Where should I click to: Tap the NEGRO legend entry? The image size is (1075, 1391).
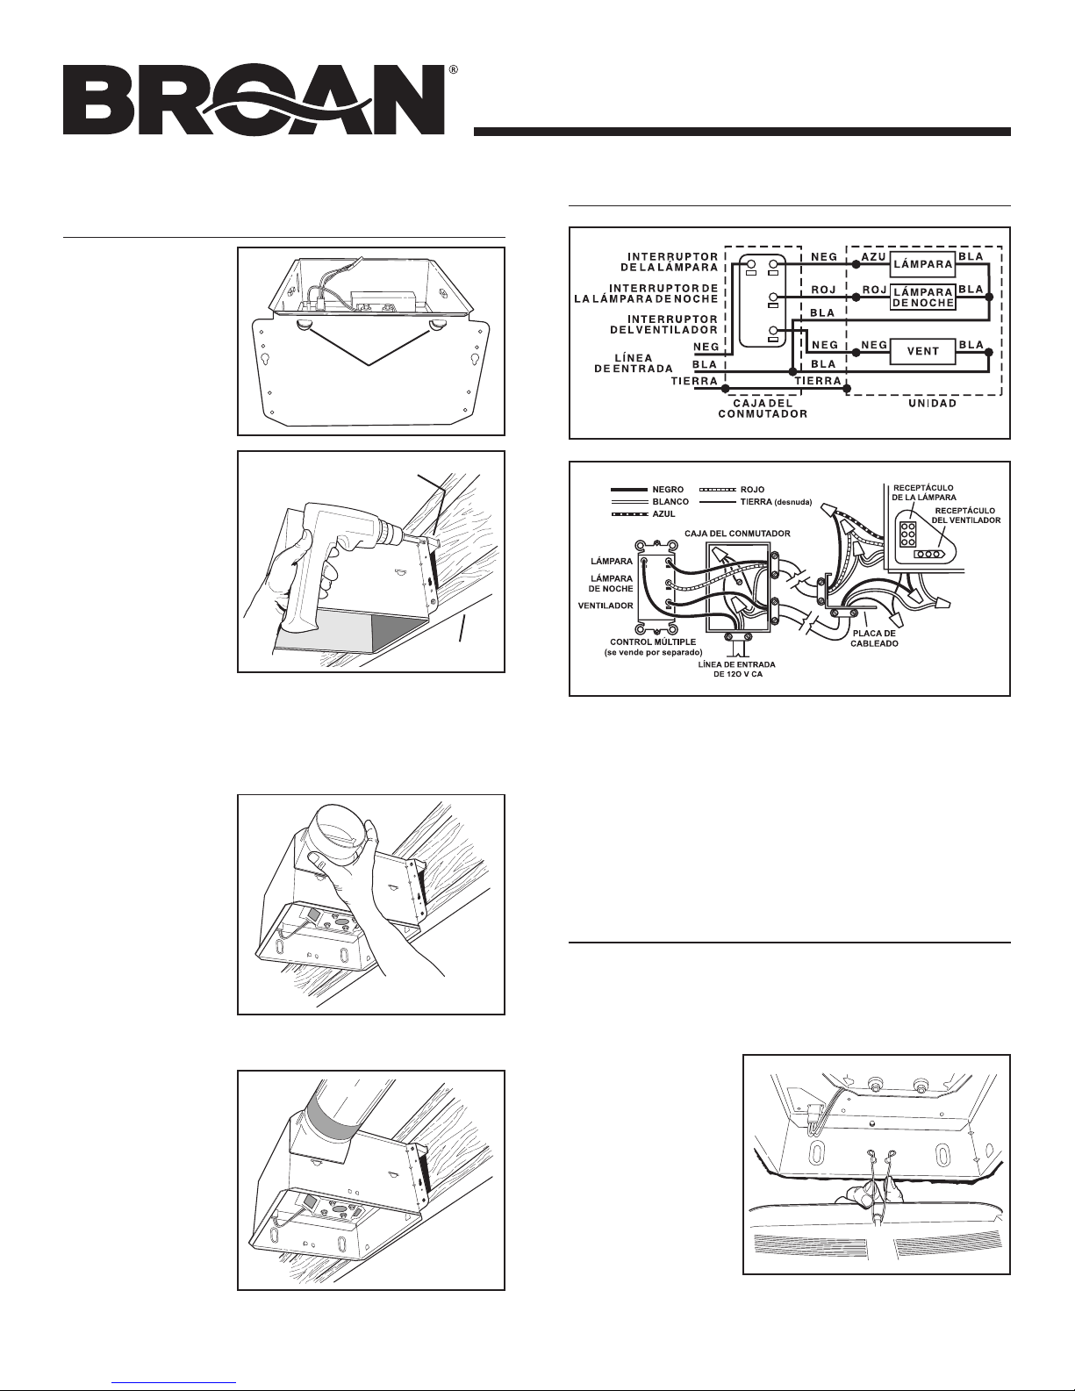666,489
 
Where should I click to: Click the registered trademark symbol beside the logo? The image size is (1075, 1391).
453,68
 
